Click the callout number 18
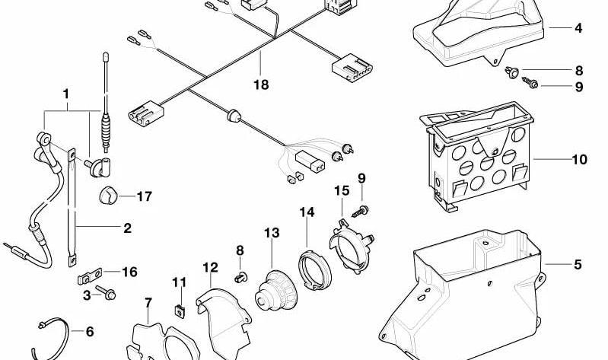click(261, 85)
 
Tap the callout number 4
click(578, 28)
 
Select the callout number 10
click(580, 160)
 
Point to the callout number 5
click(578, 265)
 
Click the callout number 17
click(145, 196)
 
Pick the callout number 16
click(130, 272)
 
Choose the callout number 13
click(272, 232)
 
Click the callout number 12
click(210, 267)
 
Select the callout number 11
click(179, 282)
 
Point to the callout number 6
click(89, 332)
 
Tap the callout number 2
click(127, 228)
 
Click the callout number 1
click(66, 94)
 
